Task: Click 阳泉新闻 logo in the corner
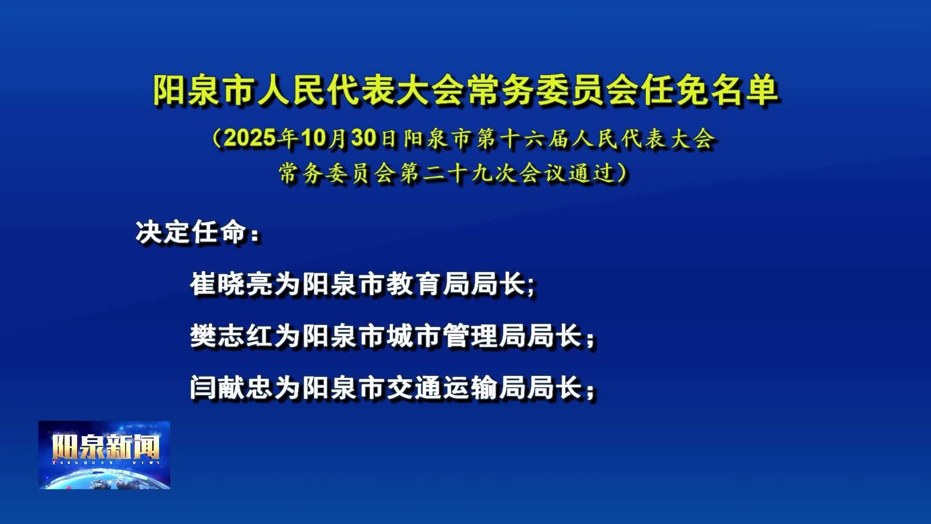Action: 105,455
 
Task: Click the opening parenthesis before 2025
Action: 217,139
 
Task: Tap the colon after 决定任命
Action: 255,236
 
